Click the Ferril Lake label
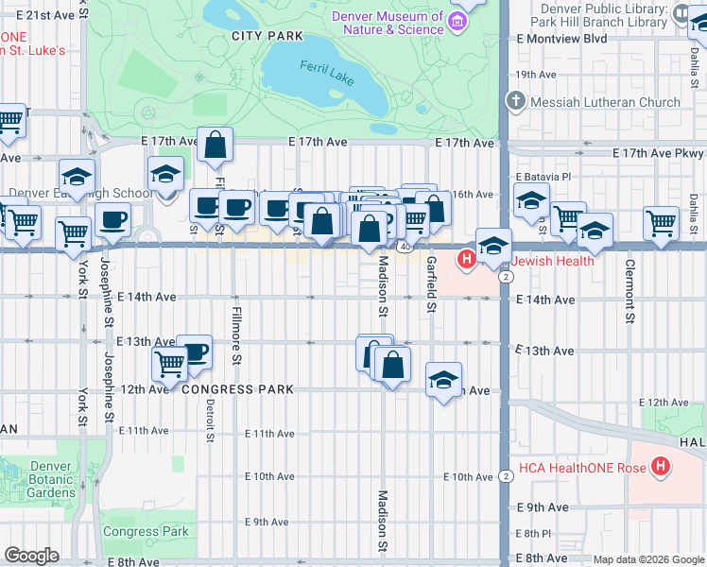[x=326, y=73]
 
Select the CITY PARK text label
[x=267, y=36]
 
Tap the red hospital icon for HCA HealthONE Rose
[x=661, y=467]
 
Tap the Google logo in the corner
[x=31, y=556]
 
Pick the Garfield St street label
[x=431, y=283]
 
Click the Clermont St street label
[x=629, y=289]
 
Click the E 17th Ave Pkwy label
[x=658, y=152]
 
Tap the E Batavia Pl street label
[x=544, y=177]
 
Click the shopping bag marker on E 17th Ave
[x=216, y=145]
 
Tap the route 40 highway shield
[x=404, y=247]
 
